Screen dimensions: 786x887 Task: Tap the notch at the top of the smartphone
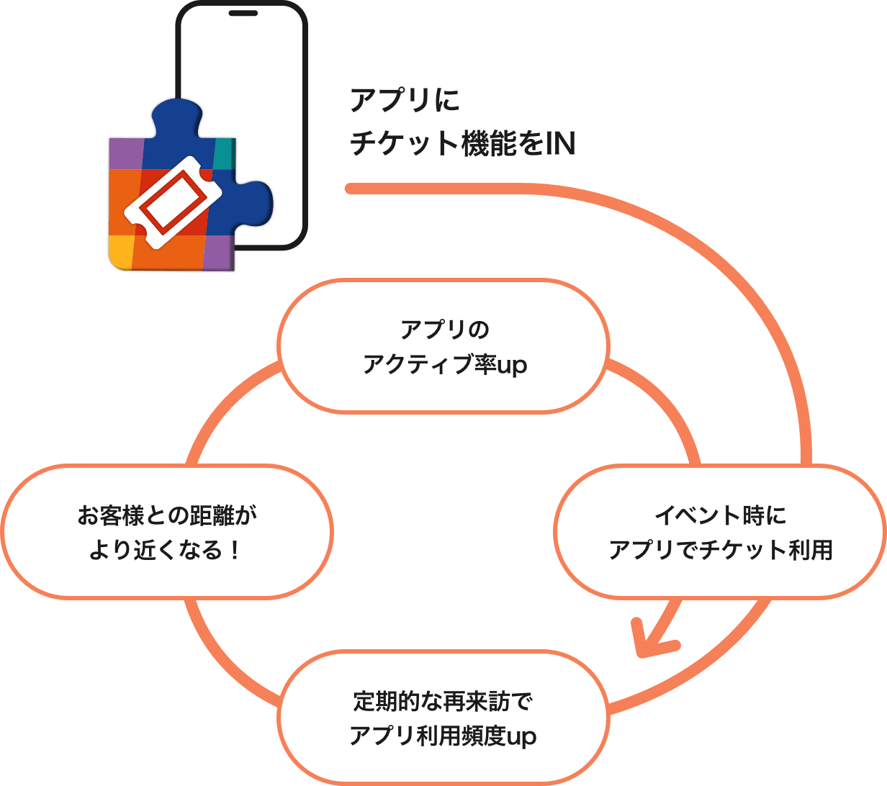[243, 13]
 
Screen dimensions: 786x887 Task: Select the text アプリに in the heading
[405, 101]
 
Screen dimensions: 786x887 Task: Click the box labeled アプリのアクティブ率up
[443, 346]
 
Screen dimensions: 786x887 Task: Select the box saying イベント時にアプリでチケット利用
[720, 532]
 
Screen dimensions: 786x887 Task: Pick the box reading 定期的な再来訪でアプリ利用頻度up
[443, 718]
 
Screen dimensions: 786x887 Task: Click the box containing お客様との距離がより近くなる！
[167, 532]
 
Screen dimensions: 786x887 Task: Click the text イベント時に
[720, 515]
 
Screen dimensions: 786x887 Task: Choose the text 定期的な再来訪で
[443, 700]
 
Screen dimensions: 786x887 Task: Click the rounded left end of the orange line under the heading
[350, 189]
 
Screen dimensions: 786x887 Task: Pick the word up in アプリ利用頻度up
[521, 736]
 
